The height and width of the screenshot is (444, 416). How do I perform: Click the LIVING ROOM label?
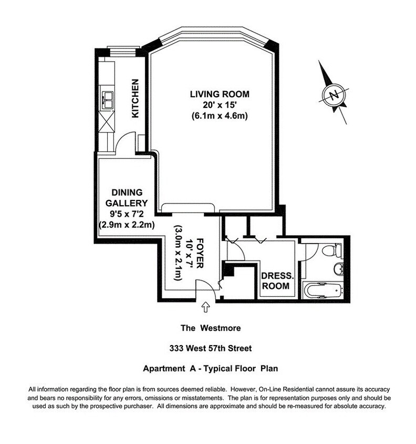point(219,94)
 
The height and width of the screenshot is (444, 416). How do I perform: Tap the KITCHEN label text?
point(135,98)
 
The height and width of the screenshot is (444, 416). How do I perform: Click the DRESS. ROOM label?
point(275,281)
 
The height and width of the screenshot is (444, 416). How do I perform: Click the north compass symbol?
point(333,95)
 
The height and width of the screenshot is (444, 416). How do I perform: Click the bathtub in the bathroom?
point(323,290)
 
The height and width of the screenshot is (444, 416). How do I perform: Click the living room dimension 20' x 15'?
point(219,105)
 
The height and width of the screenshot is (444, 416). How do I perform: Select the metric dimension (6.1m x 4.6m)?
point(219,116)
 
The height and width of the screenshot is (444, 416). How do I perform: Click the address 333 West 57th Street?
point(207,348)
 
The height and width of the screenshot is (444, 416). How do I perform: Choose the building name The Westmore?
point(207,328)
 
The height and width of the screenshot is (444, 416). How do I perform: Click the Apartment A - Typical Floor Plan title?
point(207,369)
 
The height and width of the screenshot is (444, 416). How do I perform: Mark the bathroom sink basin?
point(339,270)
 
